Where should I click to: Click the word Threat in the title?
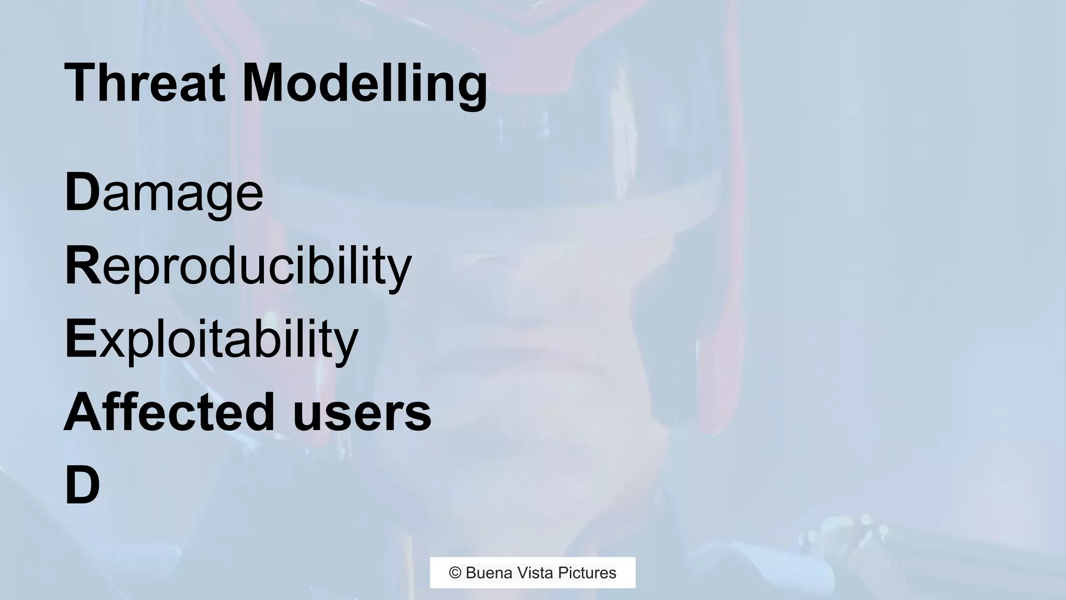tap(145, 83)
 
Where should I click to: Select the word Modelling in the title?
tap(364, 83)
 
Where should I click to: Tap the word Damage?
tap(164, 193)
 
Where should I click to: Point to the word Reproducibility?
tap(238, 267)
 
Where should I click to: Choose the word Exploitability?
tap(211, 340)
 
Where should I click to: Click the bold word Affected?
tap(169, 413)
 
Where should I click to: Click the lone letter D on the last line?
tap(82, 485)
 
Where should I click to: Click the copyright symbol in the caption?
tap(455, 573)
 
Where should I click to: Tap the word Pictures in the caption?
tap(587, 573)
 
